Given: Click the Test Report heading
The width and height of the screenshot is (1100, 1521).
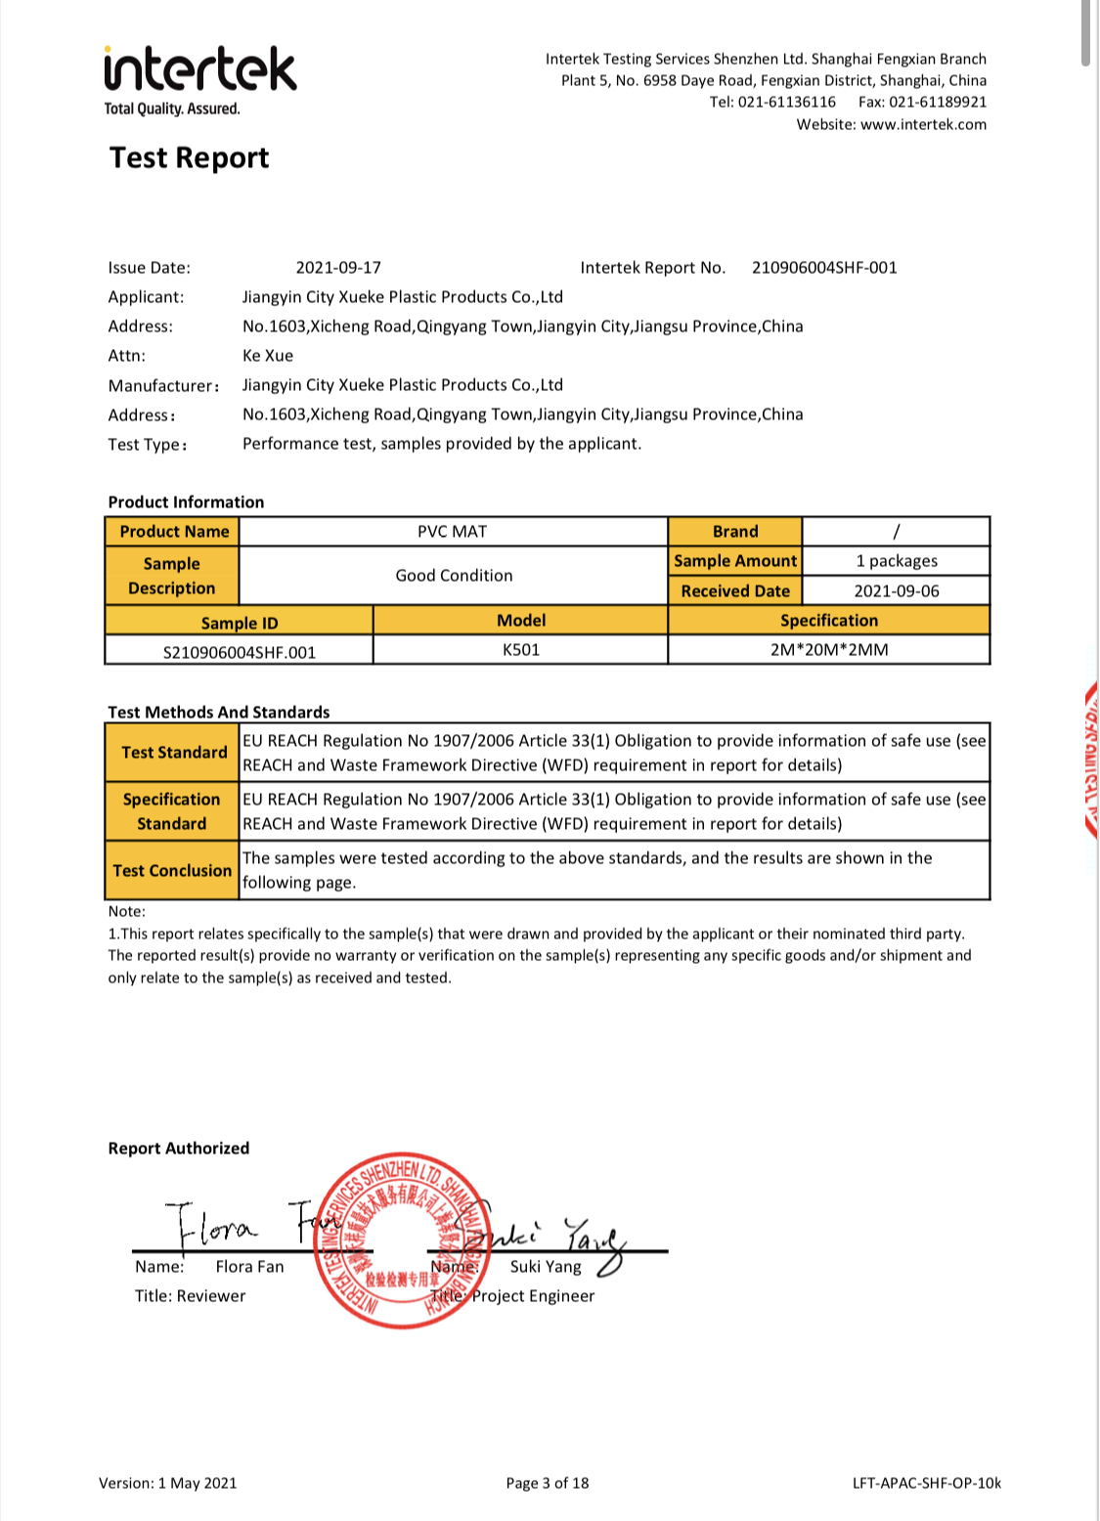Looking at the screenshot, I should (x=189, y=157).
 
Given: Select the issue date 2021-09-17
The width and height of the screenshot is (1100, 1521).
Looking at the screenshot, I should (x=338, y=268).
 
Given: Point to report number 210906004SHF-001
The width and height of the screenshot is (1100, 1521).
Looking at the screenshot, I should (x=823, y=268).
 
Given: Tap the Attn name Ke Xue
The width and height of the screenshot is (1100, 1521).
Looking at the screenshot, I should (x=268, y=356).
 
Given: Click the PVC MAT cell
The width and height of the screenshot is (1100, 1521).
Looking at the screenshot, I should (x=453, y=532).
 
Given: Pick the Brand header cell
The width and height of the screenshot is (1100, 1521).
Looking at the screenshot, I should (x=735, y=532).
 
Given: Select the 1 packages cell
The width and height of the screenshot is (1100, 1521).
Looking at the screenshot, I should (x=896, y=561).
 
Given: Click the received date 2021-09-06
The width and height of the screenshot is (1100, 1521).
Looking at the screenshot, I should (x=896, y=591).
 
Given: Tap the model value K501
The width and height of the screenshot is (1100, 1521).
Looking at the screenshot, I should (x=520, y=650).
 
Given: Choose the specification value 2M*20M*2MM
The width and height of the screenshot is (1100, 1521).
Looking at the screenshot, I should (x=828, y=650).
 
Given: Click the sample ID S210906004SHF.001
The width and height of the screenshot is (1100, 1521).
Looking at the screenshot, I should (x=240, y=652).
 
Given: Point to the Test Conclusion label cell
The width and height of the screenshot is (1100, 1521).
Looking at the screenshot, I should (x=172, y=870).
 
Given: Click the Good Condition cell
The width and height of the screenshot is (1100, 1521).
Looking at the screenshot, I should (x=454, y=576).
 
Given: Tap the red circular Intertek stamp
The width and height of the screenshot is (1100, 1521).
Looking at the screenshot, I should (x=402, y=1239).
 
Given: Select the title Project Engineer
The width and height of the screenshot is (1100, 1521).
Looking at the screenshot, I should (x=533, y=1296).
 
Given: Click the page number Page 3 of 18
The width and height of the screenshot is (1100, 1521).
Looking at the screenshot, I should (x=548, y=1483).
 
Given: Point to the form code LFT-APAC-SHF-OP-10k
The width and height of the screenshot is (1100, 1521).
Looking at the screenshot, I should (x=927, y=1483).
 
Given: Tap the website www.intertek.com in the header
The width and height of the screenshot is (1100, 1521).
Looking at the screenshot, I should (x=923, y=124).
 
